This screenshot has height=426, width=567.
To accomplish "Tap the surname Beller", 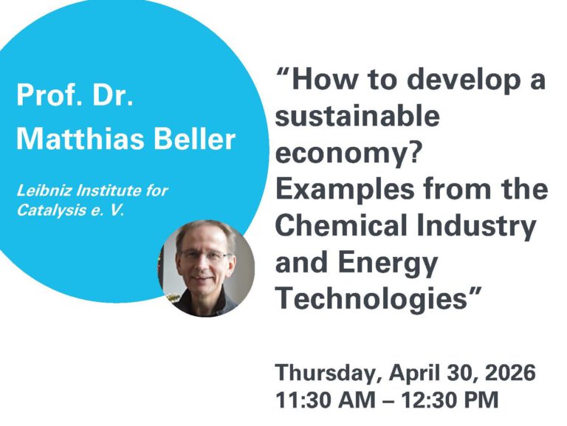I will [x=195, y=137].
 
